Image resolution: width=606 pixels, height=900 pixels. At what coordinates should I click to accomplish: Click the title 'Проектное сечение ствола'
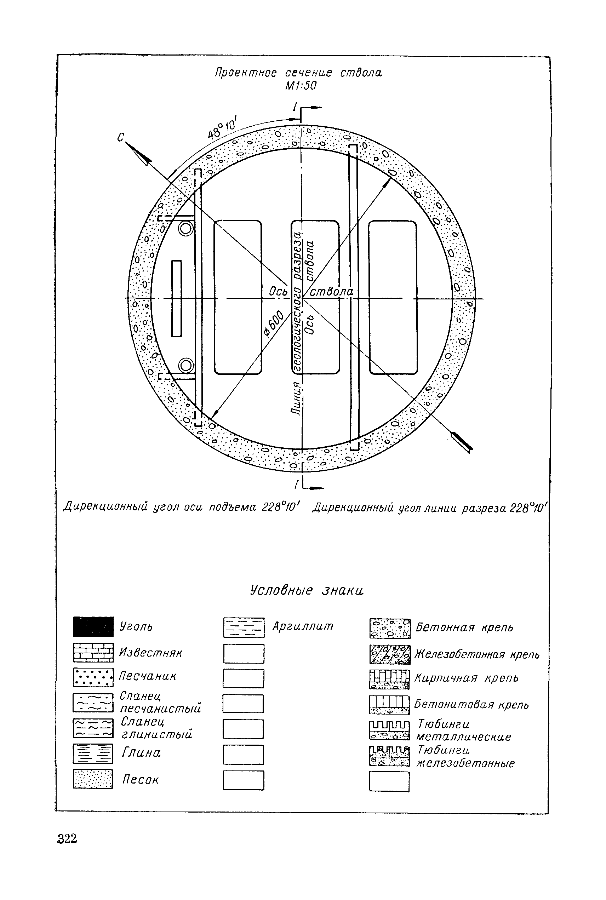click(298, 73)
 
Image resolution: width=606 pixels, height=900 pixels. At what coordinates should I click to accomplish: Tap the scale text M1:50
click(301, 86)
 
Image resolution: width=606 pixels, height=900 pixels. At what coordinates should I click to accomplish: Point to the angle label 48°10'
click(223, 128)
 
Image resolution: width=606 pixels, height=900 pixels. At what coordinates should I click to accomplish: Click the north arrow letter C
click(121, 137)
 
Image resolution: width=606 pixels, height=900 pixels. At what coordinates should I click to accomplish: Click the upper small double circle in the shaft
click(186, 229)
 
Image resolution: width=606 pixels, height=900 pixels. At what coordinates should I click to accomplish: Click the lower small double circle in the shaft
click(186, 365)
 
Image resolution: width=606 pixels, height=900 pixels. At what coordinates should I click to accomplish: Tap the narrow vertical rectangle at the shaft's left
click(177, 298)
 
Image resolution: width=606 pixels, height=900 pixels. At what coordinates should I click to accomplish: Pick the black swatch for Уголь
click(93, 626)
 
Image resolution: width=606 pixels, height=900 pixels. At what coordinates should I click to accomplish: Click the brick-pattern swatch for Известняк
click(93, 653)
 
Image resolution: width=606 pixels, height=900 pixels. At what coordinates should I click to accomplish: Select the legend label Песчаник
click(147, 676)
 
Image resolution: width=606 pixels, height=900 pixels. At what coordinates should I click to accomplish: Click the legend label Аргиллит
click(303, 626)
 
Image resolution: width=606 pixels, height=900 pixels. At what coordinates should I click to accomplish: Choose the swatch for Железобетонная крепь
click(390, 655)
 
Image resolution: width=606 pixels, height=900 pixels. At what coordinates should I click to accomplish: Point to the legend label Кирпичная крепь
click(466, 678)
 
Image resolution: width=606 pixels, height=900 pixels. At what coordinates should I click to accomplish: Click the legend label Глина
click(141, 752)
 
